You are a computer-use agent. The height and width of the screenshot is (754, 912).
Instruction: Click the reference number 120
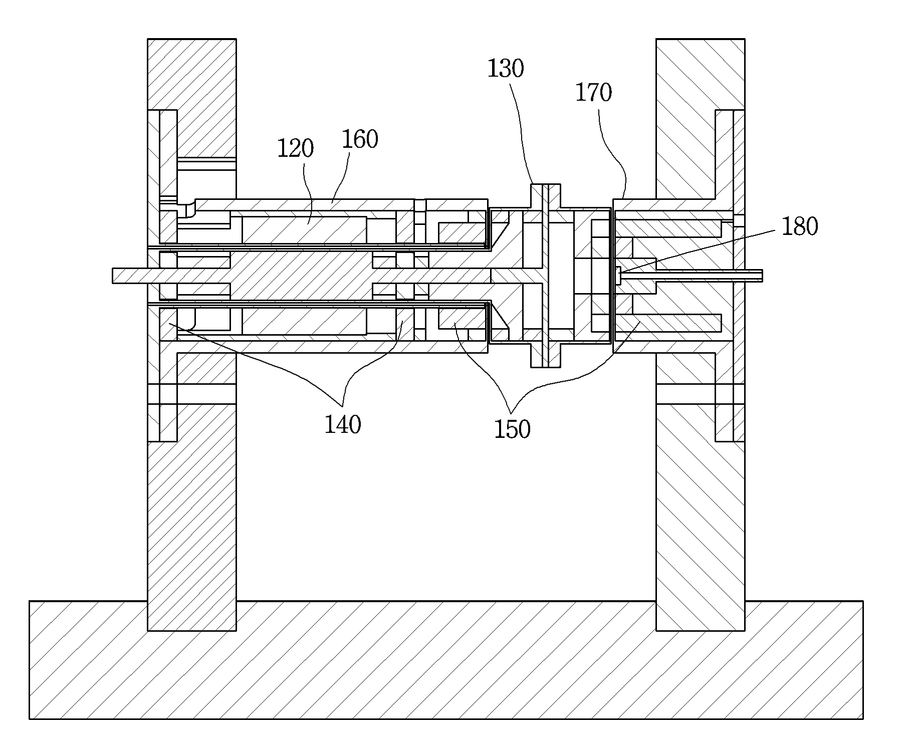pos(296,149)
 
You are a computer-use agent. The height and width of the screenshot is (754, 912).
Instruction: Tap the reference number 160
pos(360,140)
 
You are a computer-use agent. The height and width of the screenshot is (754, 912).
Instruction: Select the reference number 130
pos(506,69)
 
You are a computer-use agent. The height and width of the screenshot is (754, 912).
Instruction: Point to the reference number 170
pos(593,93)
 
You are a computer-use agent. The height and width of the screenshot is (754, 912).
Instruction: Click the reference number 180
pos(800,226)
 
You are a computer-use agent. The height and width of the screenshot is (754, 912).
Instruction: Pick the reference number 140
pos(343,425)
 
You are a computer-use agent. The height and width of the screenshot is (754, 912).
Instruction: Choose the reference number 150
pos(512,429)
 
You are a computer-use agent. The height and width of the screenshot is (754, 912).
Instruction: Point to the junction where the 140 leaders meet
pos(342,405)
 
